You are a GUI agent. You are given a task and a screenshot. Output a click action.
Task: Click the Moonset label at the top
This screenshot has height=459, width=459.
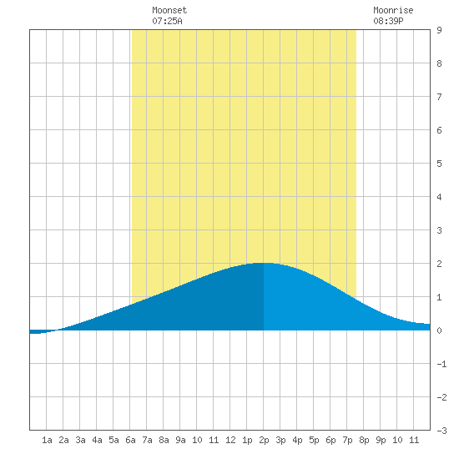tap(169, 10)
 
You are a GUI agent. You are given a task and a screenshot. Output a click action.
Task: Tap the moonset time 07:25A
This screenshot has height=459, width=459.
tap(167, 21)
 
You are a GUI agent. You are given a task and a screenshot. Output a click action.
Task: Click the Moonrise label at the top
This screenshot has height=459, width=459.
tap(393, 10)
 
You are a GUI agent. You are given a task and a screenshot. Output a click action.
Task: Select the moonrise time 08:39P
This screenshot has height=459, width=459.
tap(388, 21)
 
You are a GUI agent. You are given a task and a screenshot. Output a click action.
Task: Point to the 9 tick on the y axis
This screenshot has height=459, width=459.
tap(439, 30)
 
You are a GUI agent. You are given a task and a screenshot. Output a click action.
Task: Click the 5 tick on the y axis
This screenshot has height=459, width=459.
tap(439, 164)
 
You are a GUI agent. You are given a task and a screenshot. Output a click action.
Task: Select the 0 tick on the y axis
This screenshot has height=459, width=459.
tap(439, 330)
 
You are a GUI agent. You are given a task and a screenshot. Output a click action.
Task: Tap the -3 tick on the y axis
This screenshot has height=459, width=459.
tap(441, 431)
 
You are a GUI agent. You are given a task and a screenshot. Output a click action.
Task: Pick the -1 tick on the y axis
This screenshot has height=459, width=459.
tap(441, 364)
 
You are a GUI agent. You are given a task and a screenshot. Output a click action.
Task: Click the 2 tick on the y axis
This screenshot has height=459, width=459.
tap(439, 264)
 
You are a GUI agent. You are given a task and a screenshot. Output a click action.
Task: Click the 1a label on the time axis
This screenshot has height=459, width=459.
tap(47, 440)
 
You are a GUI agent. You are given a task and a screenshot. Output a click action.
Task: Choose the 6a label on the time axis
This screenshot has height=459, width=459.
tap(130, 440)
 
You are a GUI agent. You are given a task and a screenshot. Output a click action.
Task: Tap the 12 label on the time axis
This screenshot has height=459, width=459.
tap(230, 440)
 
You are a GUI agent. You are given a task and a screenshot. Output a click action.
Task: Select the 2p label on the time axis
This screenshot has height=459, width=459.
tap(264, 440)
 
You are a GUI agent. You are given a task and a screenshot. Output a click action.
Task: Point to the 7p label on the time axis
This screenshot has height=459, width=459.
tap(347, 440)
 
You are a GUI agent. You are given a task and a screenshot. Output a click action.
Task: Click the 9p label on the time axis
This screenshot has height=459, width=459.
tap(381, 440)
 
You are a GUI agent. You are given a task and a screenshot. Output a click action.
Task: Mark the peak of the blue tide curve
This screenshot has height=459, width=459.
tap(263, 263)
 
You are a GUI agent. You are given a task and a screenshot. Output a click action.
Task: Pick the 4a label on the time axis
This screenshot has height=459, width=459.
tap(97, 440)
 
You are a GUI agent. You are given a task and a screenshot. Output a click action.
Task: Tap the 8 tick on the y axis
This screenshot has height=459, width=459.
tap(439, 63)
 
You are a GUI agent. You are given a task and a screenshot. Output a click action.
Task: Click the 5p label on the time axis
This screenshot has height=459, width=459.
tap(314, 440)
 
